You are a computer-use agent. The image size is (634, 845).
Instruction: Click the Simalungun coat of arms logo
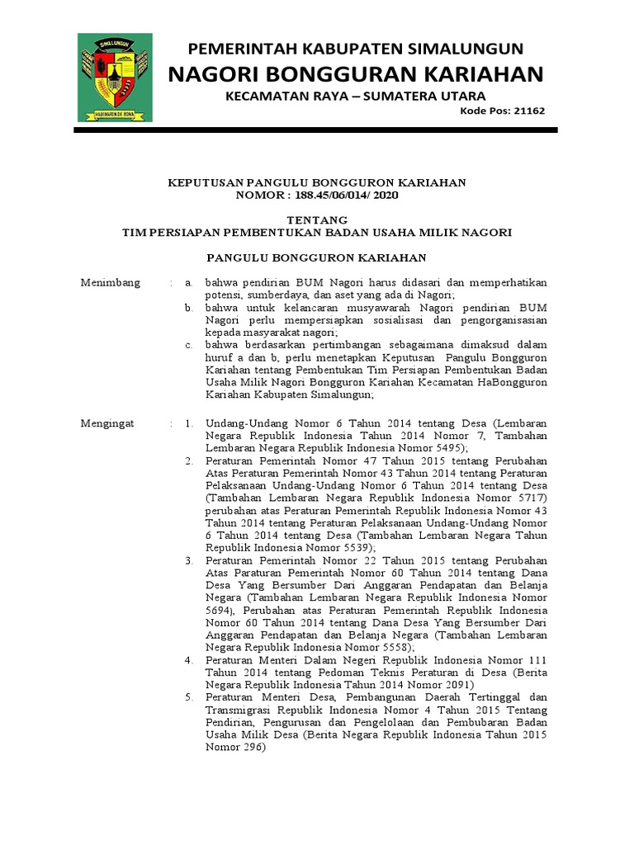(x=115, y=78)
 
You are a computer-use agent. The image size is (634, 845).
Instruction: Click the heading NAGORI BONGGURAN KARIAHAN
(x=356, y=75)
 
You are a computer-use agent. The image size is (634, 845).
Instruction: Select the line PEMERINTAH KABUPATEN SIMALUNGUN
(x=357, y=48)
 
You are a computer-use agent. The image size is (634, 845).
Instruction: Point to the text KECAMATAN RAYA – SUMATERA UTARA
(x=356, y=97)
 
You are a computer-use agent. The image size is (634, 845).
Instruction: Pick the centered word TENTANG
(x=317, y=220)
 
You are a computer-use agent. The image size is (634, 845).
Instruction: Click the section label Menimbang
(x=111, y=282)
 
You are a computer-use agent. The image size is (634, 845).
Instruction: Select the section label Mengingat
(x=106, y=423)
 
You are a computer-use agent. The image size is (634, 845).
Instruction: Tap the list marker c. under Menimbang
(x=188, y=344)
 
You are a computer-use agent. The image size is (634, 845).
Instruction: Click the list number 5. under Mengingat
(x=188, y=697)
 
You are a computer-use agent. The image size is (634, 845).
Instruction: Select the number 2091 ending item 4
(x=452, y=684)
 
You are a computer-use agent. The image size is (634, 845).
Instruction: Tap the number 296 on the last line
(x=249, y=747)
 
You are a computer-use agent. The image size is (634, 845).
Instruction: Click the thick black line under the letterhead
(x=317, y=130)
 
